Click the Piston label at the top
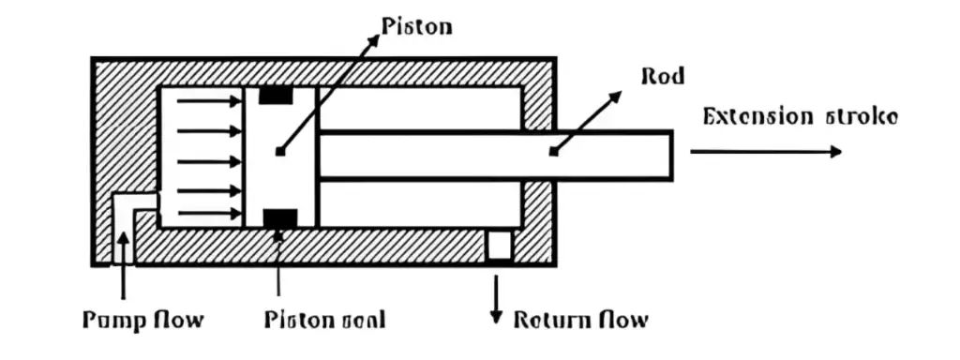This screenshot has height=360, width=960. pyautogui.click(x=417, y=25)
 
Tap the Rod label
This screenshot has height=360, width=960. pyautogui.click(x=662, y=76)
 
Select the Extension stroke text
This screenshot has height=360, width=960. pyautogui.click(x=800, y=117)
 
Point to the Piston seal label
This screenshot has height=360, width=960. pyautogui.click(x=324, y=320)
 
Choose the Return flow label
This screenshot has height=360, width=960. pyautogui.click(x=580, y=320)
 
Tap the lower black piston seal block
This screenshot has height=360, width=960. pyautogui.click(x=279, y=218)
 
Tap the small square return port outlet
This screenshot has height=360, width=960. pyautogui.click(x=499, y=246)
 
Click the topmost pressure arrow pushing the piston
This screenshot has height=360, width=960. pyautogui.click(x=208, y=100)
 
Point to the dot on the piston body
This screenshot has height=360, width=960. pyautogui.click(x=279, y=150)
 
